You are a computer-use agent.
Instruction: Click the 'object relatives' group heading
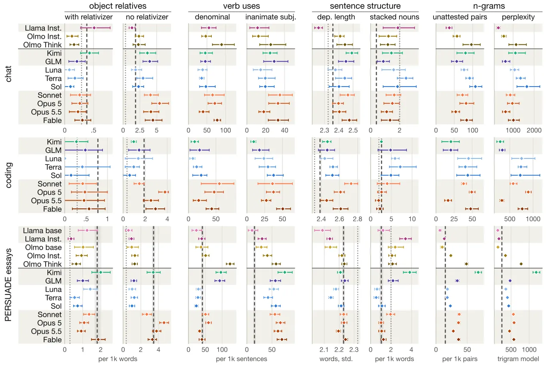(x=118, y=6)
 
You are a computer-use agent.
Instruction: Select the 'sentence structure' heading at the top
(x=365, y=6)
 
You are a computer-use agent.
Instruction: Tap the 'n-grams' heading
(x=489, y=6)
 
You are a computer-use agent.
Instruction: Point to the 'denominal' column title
(x=212, y=17)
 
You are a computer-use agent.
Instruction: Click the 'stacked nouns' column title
(x=394, y=17)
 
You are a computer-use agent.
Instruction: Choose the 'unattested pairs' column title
(x=460, y=17)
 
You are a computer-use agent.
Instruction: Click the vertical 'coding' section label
(x=8, y=175)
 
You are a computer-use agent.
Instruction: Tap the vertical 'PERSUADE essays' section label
(x=8, y=285)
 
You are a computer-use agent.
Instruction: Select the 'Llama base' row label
(x=42, y=230)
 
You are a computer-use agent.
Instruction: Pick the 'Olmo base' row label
(x=43, y=247)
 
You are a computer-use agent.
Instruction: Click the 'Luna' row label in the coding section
(x=53, y=159)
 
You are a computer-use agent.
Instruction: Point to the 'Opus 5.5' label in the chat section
(x=46, y=112)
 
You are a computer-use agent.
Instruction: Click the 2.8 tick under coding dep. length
(x=357, y=219)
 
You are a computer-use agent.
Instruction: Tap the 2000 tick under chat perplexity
(x=534, y=130)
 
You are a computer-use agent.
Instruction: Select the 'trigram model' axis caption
(x=518, y=359)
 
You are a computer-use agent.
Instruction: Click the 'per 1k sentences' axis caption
(x=241, y=359)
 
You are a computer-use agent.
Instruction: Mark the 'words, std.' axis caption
(x=336, y=359)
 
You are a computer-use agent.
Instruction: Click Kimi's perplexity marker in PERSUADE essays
(x=536, y=272)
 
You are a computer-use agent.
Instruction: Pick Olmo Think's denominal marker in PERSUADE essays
(x=230, y=264)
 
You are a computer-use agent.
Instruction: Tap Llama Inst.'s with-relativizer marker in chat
(x=94, y=28)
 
